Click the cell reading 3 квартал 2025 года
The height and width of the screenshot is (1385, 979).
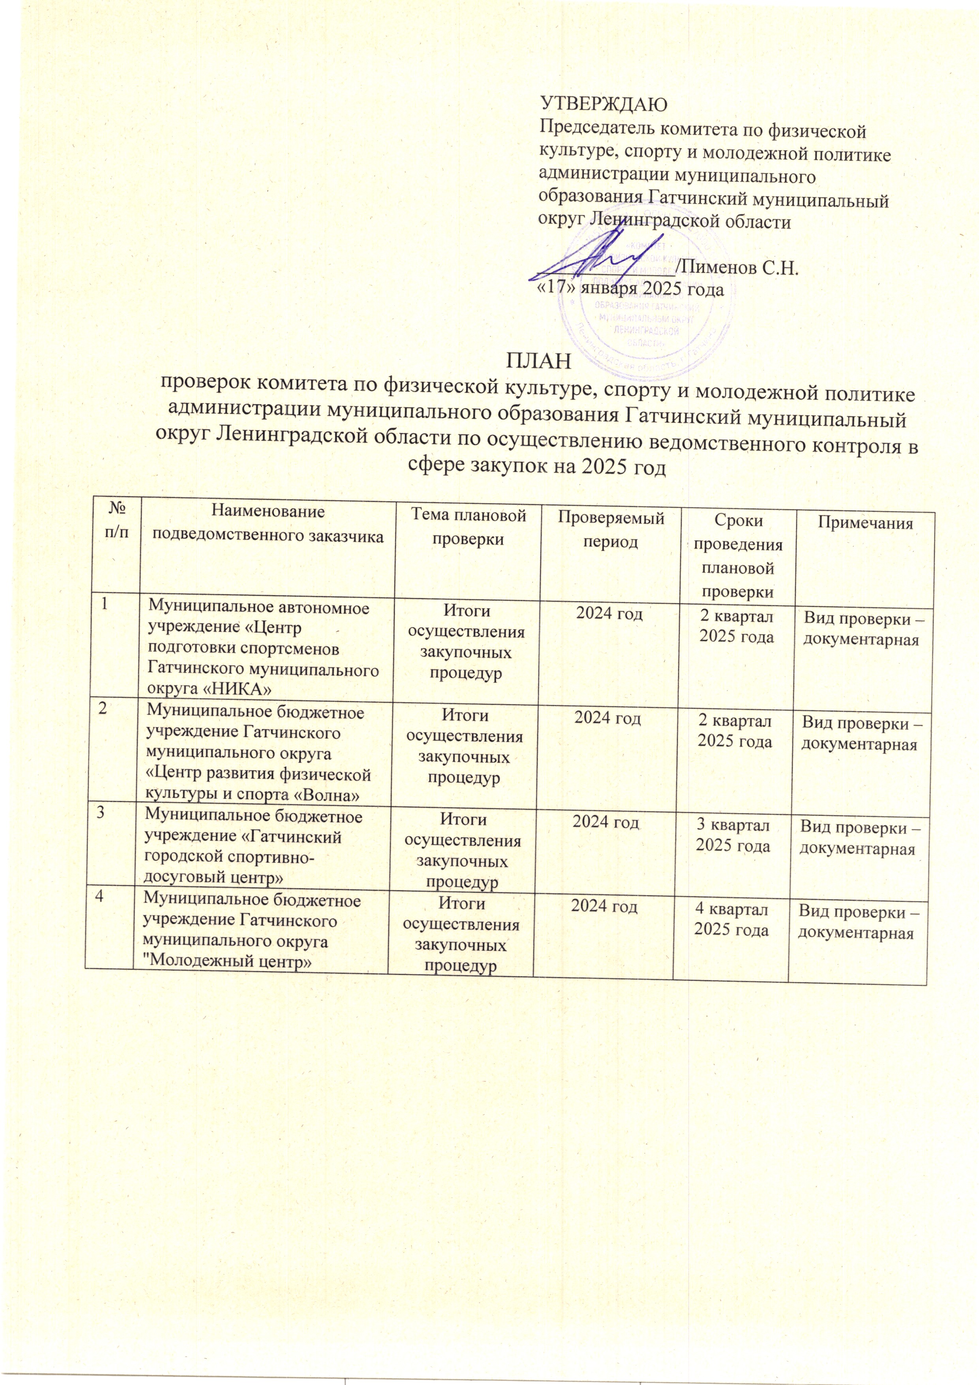(733, 835)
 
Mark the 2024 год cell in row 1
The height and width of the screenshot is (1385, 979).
(609, 614)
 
